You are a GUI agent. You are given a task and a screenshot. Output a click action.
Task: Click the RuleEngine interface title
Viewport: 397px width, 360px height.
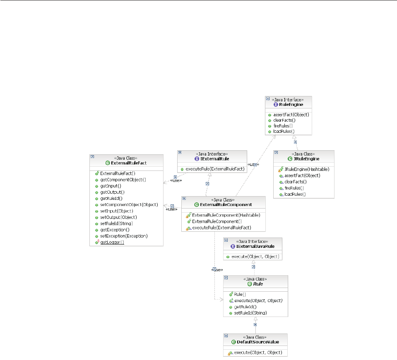coord(290,104)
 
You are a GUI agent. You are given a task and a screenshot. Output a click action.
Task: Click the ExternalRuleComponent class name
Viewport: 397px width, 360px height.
coord(226,204)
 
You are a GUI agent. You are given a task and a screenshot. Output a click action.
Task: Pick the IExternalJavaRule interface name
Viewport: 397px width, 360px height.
coord(254,246)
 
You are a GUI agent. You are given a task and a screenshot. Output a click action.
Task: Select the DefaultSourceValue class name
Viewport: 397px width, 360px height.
coord(257,342)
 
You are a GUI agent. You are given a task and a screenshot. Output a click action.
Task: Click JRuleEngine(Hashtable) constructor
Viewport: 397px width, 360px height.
coord(307,169)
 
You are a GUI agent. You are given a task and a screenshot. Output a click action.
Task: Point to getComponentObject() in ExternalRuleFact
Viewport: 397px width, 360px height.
coord(123,180)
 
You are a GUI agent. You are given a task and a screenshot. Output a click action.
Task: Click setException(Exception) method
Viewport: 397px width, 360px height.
coord(124,236)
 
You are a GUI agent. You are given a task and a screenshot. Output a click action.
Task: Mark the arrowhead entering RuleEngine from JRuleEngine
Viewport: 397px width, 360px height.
coord(294,137)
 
